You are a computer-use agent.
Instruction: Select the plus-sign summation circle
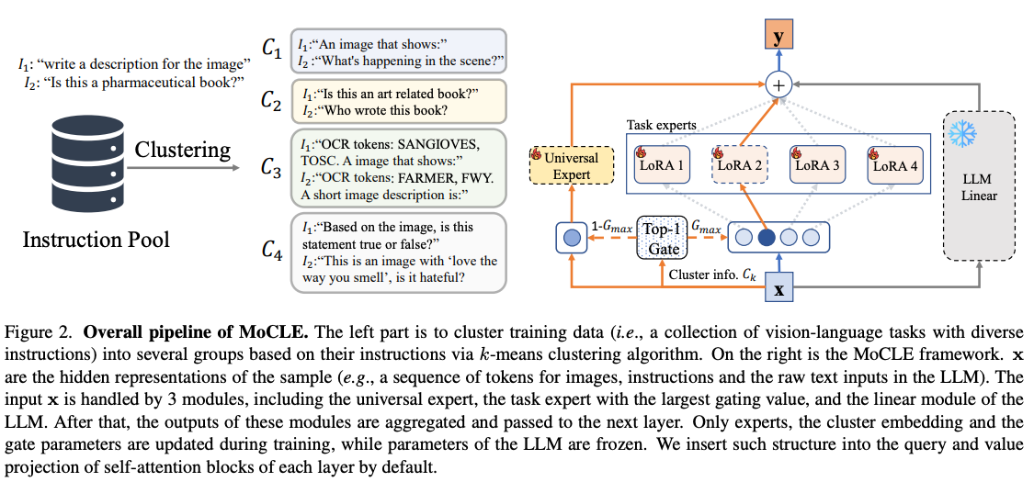pos(778,85)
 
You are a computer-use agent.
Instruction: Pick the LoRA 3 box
pos(819,165)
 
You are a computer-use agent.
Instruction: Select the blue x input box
pos(778,288)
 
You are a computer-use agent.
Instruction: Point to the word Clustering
pos(181,149)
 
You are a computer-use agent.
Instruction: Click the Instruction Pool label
pos(97,241)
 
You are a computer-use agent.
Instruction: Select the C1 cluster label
pos(271,51)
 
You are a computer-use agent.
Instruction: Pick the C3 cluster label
pos(271,167)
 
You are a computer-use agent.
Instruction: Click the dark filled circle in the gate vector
pos(765,239)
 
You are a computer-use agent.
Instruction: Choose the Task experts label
pos(662,124)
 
